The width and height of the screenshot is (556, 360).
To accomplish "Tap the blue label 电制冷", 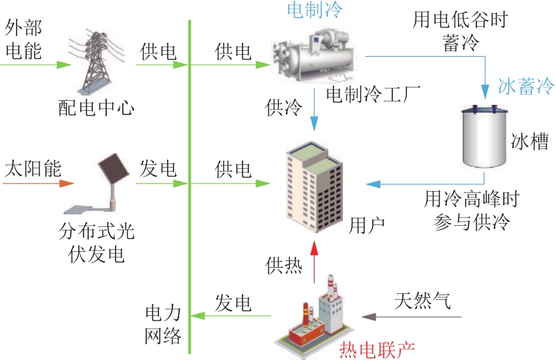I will click(x=313, y=10).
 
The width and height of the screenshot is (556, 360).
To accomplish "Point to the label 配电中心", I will click(x=96, y=106).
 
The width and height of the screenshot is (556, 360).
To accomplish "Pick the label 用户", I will click(x=367, y=224).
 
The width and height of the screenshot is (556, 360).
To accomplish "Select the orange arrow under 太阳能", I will click(x=40, y=180).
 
